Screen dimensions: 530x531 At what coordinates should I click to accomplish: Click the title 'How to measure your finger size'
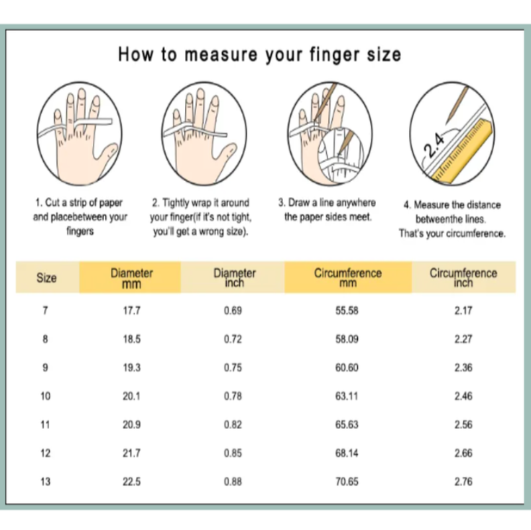pos(259,54)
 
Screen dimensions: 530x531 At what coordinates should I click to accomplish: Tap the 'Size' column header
pos(46,278)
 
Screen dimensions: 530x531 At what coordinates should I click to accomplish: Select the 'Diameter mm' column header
pos(131,278)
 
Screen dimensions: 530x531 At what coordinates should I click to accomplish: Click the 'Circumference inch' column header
pos(463,278)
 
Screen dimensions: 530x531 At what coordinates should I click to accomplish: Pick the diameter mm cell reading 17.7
pos(131,310)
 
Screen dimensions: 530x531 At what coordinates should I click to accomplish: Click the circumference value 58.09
pos(347,339)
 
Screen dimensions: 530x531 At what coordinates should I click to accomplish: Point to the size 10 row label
pos(45,396)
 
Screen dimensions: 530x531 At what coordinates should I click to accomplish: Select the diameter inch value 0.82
pos(233,425)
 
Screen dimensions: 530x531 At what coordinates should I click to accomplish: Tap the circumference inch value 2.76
pos(463,482)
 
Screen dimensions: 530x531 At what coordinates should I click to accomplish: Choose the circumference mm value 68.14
pos(347,453)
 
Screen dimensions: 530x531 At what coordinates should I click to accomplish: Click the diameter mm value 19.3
pos(131,367)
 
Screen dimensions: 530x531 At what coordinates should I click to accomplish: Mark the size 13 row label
pos(45,482)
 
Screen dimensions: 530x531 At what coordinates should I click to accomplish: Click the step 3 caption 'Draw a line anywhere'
pos(327,203)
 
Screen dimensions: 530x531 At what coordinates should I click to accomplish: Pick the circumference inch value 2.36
pos(463,367)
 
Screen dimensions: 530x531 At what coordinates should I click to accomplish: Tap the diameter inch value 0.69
pos(233,310)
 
